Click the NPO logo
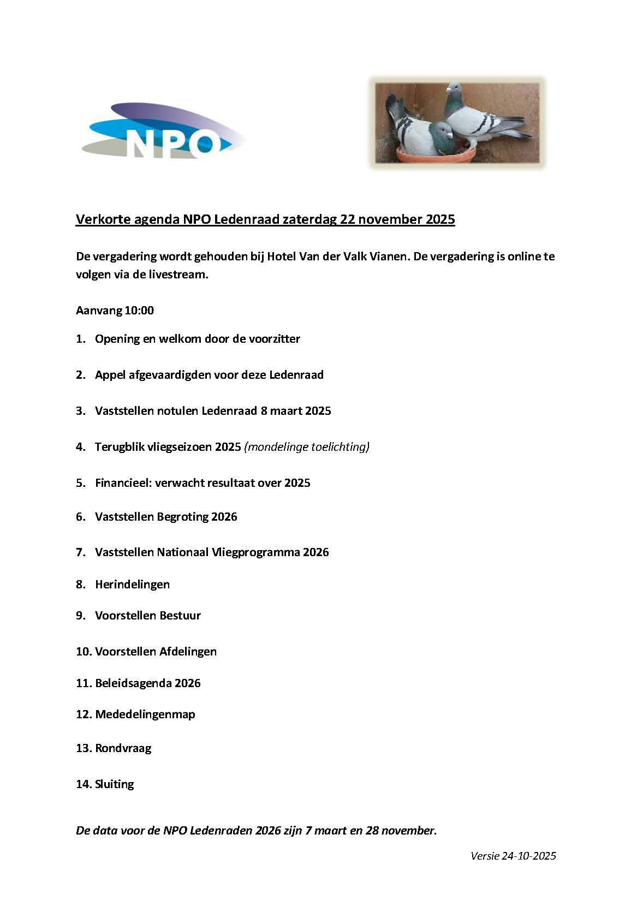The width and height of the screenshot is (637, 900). [x=164, y=132]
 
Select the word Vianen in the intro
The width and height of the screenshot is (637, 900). [x=390, y=256]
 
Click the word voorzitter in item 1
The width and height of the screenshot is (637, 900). [x=275, y=339]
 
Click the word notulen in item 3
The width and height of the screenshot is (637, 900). [x=178, y=411]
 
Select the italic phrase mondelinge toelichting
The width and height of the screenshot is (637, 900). [x=307, y=447]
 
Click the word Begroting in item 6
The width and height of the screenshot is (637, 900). [x=183, y=517]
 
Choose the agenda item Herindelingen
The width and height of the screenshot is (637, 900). [x=132, y=585]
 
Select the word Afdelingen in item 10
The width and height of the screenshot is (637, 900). [x=188, y=652]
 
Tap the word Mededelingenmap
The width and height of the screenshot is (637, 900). [x=145, y=714]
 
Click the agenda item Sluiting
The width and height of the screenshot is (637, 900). [x=115, y=784]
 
